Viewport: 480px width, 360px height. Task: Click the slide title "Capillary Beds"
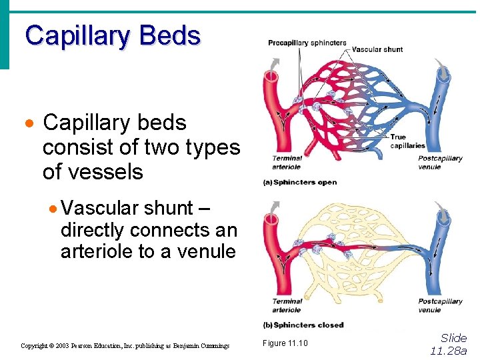[x=113, y=35]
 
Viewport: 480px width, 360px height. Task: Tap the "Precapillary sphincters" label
[x=307, y=43]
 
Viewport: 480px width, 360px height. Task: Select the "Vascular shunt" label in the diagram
[x=377, y=49]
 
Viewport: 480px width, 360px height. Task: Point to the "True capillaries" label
[x=407, y=141]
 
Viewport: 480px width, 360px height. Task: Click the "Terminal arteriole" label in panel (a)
[x=287, y=163]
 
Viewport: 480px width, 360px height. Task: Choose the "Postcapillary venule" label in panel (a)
[x=440, y=163]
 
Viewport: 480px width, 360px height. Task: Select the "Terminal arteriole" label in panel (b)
[x=287, y=305]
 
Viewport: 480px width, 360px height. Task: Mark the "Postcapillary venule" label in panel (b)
[x=440, y=305]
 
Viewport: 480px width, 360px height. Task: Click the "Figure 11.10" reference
[x=285, y=343]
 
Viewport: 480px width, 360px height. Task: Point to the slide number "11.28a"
[x=449, y=351]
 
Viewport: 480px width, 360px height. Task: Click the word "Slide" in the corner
[x=454, y=338]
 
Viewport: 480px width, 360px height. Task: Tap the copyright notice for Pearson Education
[x=125, y=346]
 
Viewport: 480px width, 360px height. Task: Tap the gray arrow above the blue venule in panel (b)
[x=442, y=213]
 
